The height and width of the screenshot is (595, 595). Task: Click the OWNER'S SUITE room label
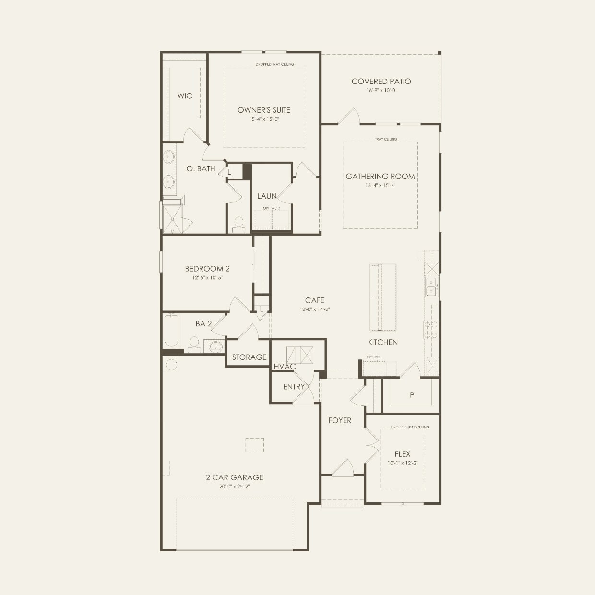coord(264,110)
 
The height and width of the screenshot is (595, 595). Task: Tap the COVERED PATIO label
coord(381,82)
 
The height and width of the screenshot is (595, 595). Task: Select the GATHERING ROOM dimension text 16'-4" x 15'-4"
coord(380,185)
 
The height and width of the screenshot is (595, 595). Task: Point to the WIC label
coord(185,96)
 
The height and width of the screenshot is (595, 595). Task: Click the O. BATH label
coord(201,169)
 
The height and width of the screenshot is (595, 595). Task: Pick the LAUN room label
coord(267,196)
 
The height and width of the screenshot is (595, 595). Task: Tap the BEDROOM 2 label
coord(207,269)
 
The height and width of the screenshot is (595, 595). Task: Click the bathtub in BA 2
coord(171,331)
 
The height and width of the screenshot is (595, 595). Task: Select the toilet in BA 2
coord(194,344)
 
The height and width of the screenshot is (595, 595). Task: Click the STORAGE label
coord(249,357)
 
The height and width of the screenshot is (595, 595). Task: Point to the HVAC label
coord(285,367)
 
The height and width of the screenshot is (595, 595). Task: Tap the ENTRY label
coord(294,387)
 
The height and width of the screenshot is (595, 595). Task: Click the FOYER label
coord(340,420)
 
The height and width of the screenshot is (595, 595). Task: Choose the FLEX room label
coord(403,454)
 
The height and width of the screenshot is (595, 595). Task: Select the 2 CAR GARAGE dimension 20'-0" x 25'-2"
coord(235,486)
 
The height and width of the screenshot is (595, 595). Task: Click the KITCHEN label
coord(383,342)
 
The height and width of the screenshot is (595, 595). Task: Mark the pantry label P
coord(412,395)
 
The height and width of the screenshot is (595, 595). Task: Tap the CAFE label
coord(315,300)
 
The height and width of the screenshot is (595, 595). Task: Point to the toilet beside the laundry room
coord(238,225)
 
